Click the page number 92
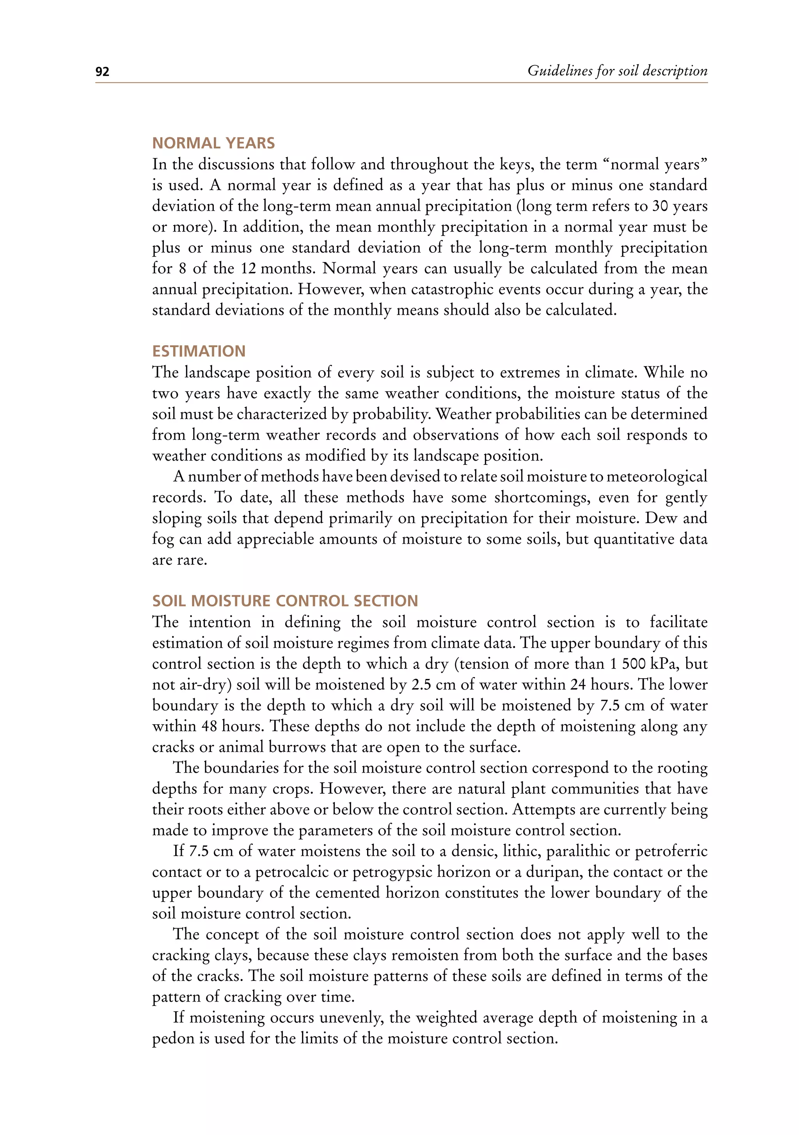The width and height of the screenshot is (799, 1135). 102,72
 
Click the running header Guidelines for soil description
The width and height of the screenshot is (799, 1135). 617,71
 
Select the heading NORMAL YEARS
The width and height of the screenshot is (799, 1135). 213,144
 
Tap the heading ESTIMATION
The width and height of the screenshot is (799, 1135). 199,351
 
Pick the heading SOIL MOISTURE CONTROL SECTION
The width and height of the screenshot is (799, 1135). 285,601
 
